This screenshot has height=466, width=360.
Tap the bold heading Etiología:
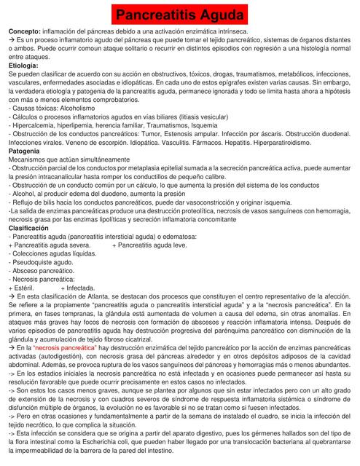tap(24, 66)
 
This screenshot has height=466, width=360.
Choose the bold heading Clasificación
tap(28, 228)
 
